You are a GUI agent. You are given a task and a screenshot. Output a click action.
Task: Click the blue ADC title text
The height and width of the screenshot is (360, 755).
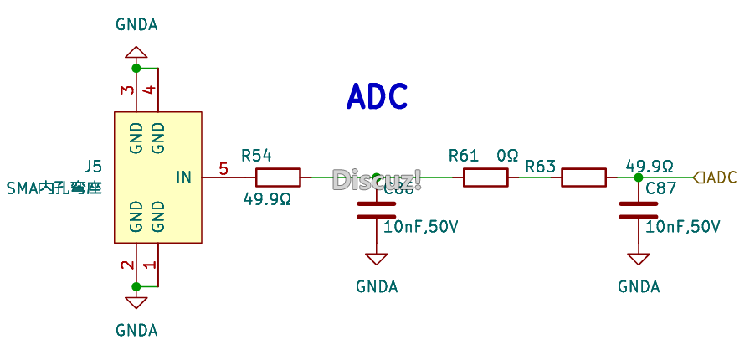(x=377, y=97)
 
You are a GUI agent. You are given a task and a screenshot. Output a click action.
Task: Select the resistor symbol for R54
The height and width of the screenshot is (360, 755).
(x=277, y=177)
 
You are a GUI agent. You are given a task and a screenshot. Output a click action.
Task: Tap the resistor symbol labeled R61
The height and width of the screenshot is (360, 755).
(x=485, y=177)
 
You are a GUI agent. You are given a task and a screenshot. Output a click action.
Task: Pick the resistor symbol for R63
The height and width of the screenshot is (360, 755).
(x=583, y=177)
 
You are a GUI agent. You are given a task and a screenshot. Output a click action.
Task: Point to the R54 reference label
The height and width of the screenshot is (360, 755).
(x=256, y=156)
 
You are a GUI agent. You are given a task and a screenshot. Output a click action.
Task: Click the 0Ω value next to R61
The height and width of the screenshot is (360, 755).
(x=507, y=156)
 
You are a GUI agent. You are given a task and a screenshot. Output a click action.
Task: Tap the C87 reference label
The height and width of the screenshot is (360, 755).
(x=661, y=189)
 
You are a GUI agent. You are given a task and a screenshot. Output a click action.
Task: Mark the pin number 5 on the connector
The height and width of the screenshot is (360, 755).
(x=223, y=169)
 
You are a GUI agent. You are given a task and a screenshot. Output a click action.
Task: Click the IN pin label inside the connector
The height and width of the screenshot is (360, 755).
(x=184, y=177)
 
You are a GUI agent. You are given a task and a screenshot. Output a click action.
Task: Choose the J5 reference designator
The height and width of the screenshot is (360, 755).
(x=93, y=165)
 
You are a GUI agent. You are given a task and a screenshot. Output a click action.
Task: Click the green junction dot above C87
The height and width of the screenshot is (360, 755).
(x=639, y=177)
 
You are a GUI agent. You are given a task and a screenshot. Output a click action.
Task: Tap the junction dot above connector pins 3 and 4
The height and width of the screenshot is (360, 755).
(x=136, y=68)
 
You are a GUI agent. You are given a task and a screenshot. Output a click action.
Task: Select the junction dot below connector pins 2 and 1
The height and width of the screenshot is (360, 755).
(x=136, y=285)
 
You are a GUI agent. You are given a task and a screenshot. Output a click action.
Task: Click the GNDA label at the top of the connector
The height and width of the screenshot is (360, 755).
(x=136, y=24)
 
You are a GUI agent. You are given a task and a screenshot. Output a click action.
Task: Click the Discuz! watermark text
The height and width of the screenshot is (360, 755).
(x=377, y=179)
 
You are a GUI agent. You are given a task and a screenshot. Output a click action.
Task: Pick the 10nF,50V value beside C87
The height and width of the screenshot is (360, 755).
(x=682, y=227)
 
